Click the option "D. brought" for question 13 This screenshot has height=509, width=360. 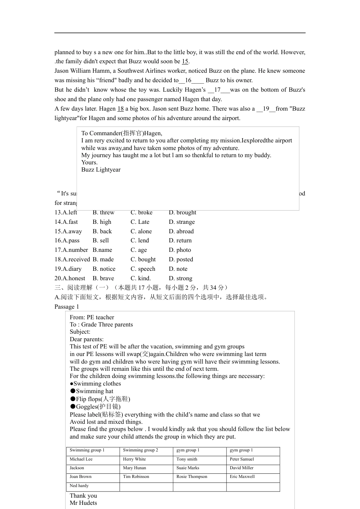182,212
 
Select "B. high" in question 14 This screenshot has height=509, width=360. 102,222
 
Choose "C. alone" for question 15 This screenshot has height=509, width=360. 141,231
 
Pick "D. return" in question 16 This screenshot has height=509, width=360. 180,240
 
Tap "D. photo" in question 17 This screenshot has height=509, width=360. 180,250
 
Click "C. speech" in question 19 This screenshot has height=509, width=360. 143,269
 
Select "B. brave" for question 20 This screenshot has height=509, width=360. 103,278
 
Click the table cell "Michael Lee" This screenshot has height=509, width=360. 81,459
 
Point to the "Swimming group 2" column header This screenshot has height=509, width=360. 141,450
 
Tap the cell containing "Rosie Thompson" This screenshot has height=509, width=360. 192,477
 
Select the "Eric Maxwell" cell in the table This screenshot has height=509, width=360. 242,477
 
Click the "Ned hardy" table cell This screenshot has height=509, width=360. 79,486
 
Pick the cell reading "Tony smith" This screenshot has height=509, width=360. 187,459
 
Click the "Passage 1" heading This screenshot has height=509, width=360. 67,307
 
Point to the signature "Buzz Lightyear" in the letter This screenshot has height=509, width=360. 101,170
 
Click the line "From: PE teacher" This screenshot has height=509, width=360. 92,317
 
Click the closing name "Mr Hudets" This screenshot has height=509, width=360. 83,503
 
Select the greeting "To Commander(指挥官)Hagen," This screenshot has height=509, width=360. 122,133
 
